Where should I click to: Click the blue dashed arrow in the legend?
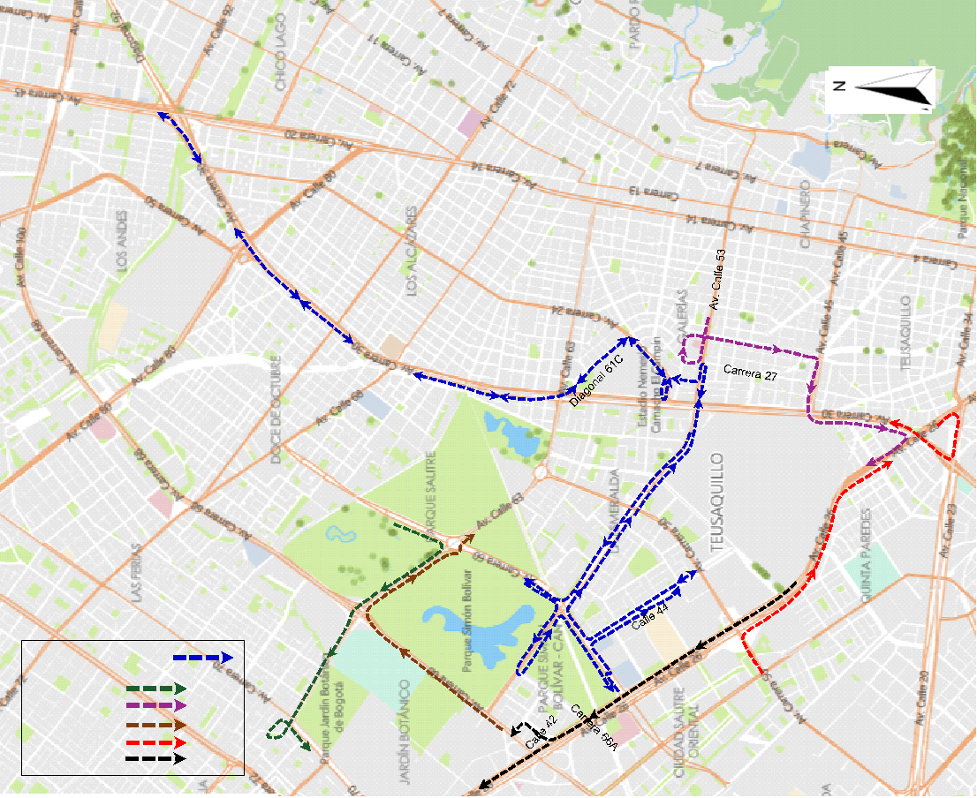201,658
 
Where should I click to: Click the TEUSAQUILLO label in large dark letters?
716,503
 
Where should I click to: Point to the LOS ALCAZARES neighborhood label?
411,252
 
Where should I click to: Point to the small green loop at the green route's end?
277,730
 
